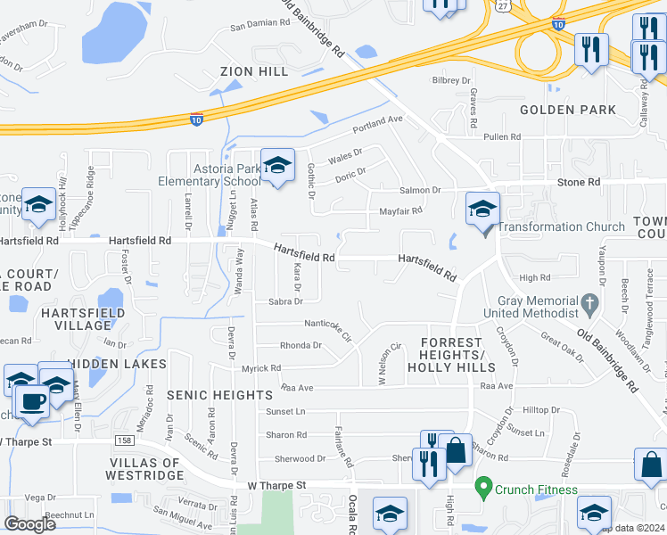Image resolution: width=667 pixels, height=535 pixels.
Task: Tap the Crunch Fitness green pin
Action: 484,488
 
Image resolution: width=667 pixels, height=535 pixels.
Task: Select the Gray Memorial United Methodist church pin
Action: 589,305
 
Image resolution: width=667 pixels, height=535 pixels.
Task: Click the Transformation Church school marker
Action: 482,210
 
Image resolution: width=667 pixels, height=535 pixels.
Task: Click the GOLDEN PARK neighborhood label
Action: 567,110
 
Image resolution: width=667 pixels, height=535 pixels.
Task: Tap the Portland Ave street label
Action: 377,123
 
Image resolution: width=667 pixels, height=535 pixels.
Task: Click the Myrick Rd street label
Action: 260,367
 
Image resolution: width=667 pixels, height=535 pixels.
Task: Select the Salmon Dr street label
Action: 420,190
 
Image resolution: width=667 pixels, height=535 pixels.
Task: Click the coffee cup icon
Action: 33,401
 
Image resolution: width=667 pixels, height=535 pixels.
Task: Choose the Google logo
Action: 29,524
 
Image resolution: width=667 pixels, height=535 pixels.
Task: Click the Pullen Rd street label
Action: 501,137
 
